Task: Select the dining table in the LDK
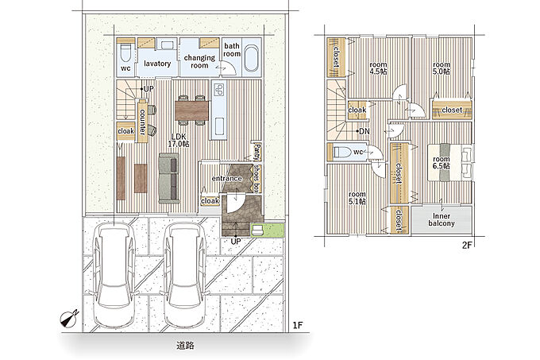(x=192, y=110)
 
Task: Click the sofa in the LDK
(x=169, y=178)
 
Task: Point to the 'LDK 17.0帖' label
(x=179, y=140)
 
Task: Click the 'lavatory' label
(x=157, y=64)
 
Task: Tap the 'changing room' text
(x=199, y=61)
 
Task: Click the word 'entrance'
(x=226, y=179)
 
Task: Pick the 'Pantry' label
(x=257, y=152)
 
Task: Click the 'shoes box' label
(x=256, y=178)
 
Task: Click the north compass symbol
(x=69, y=318)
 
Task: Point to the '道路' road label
(x=185, y=345)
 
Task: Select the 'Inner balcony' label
(x=442, y=220)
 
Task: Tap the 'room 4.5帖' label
(x=378, y=68)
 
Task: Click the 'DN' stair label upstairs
(x=364, y=131)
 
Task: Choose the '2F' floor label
(x=466, y=246)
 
